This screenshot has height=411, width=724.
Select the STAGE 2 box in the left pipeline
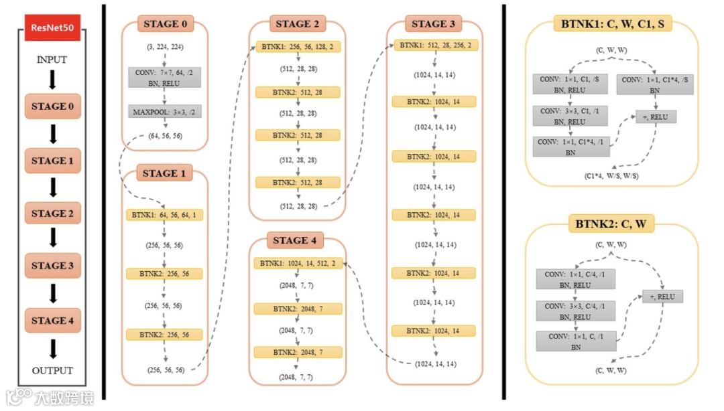(x=52, y=214)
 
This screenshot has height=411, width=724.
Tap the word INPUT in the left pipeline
(x=52, y=60)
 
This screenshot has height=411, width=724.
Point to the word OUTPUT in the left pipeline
(x=52, y=370)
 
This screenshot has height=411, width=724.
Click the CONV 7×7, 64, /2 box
(x=164, y=77)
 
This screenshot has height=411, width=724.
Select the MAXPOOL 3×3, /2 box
(x=164, y=111)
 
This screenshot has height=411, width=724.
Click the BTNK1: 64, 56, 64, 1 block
(x=164, y=215)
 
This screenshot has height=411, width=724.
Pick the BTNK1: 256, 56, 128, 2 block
(x=298, y=47)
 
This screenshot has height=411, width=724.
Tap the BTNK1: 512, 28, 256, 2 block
(x=434, y=46)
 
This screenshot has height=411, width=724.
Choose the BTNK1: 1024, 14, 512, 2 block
(x=298, y=264)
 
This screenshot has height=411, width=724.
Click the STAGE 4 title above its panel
(x=298, y=240)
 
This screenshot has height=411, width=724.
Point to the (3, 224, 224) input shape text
(x=165, y=48)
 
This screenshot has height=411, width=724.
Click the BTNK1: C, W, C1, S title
(x=612, y=25)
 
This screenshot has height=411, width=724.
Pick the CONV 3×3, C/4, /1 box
(x=574, y=311)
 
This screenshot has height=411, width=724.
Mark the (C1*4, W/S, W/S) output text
(x=613, y=175)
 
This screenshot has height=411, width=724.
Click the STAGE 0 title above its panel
(x=165, y=25)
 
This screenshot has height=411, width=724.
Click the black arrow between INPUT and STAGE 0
(x=52, y=80)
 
